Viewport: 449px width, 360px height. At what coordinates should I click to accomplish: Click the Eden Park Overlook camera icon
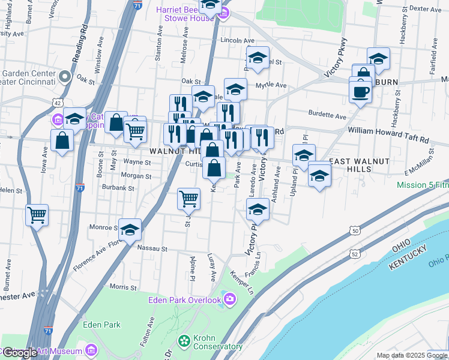[229, 299]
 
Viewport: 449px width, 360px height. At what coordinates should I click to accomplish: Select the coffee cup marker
[360, 92]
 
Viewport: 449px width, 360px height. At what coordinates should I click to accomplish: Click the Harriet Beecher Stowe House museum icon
[224, 14]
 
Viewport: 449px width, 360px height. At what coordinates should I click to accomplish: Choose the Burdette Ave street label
[327, 116]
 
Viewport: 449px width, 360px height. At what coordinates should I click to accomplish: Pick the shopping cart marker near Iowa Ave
[37, 214]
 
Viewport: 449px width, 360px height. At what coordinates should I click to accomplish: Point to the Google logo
[19, 352]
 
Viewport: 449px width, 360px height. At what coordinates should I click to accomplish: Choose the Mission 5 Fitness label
[423, 185]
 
